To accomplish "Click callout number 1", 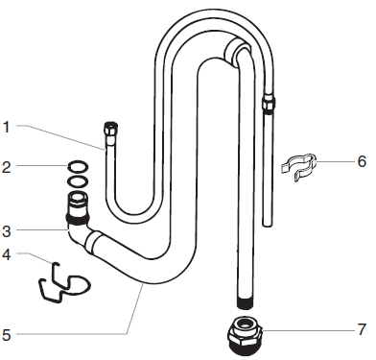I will [x=7, y=126].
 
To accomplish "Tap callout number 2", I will [x=7, y=167].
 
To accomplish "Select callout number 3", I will [x=7, y=230].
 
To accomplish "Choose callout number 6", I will [x=362, y=162].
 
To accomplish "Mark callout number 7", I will [x=362, y=329].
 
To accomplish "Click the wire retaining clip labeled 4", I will [x=59, y=281].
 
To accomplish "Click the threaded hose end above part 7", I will [x=245, y=303].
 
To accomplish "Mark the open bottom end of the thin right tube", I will [x=268, y=224].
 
